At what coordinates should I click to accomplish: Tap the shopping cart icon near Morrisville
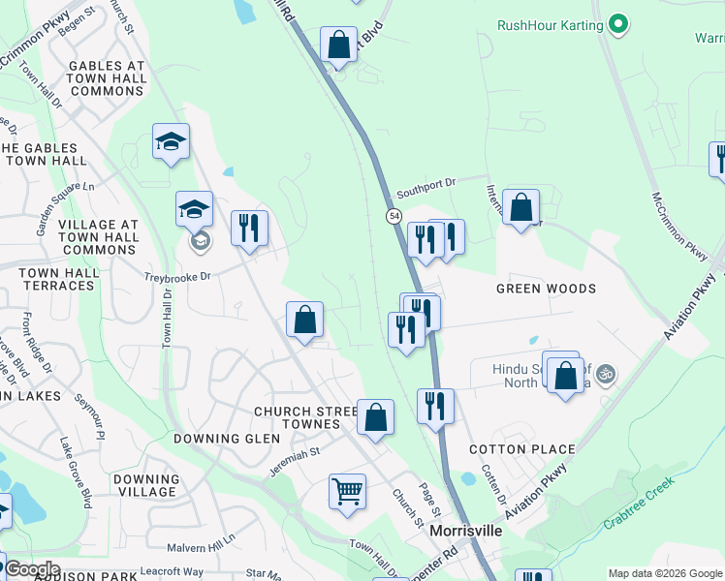pyautogui.click(x=347, y=490)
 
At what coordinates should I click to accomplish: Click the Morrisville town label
pyautogui.click(x=465, y=532)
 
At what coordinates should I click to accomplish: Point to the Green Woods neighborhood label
pyautogui.click(x=546, y=289)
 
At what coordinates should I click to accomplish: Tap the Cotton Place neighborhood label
pyautogui.click(x=521, y=449)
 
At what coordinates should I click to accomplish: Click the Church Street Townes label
pyautogui.click(x=297, y=417)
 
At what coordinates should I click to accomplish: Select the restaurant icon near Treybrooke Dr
pyautogui.click(x=249, y=228)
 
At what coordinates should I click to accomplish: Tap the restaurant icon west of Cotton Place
pyautogui.click(x=435, y=404)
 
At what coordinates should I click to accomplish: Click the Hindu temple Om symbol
pyautogui.click(x=606, y=373)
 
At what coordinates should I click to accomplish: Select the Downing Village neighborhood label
pyautogui.click(x=146, y=485)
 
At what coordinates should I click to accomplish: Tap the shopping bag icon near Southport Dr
pyautogui.click(x=520, y=206)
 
